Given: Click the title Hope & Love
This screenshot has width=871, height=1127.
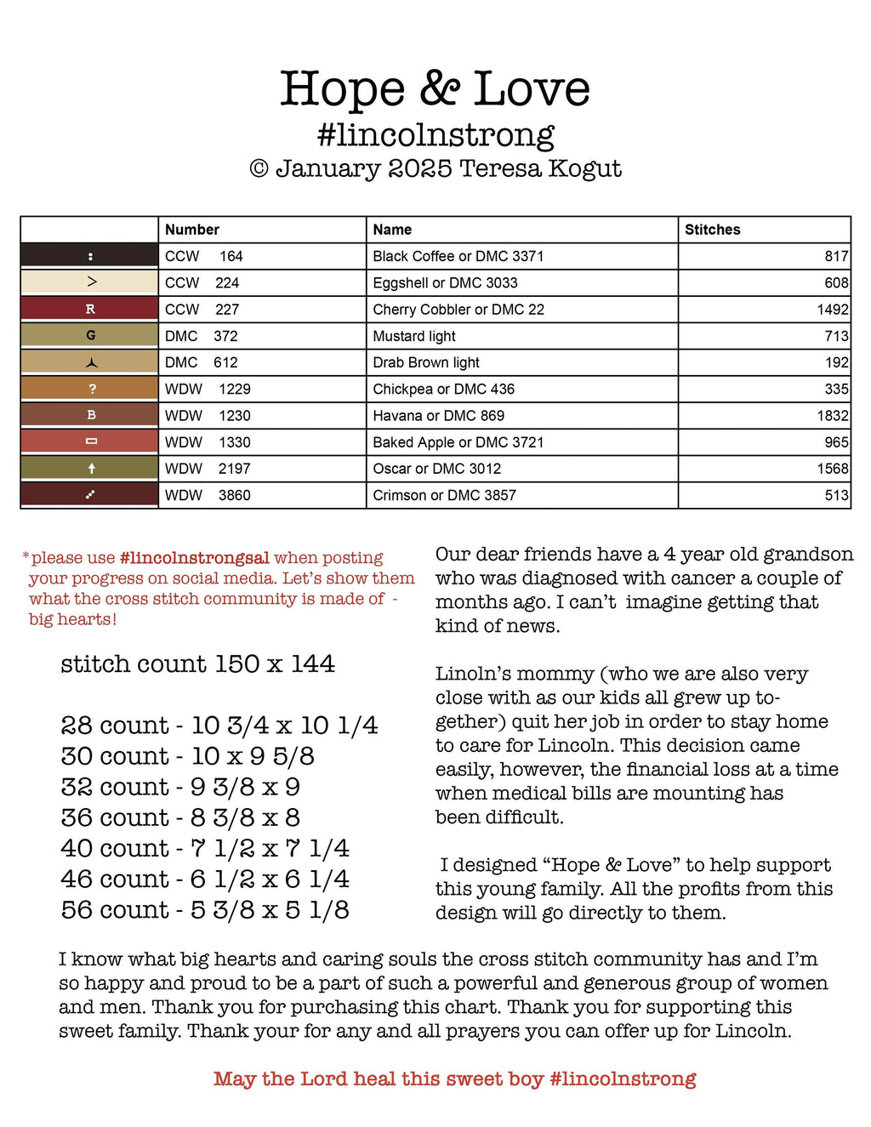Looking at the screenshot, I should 435,89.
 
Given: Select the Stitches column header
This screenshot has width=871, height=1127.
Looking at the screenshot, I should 712,230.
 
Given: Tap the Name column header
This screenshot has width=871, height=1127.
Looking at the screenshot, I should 392,230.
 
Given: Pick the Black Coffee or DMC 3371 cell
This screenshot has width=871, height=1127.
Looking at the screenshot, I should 458,256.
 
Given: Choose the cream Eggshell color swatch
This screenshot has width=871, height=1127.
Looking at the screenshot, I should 90,282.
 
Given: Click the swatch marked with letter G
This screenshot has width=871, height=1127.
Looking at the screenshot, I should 90,336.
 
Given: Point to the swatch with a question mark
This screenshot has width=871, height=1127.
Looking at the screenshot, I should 90,390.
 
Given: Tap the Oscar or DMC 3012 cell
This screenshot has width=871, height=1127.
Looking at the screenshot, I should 436,469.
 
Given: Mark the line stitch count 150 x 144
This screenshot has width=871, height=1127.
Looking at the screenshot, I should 197,664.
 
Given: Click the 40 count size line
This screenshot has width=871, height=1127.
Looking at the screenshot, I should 205,849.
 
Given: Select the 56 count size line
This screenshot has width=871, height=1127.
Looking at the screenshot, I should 205,910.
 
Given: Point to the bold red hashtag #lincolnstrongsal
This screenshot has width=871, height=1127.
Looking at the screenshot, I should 195,558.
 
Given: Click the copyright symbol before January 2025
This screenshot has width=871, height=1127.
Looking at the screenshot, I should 259,169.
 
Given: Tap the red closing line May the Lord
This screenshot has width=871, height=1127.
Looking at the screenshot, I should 454,1079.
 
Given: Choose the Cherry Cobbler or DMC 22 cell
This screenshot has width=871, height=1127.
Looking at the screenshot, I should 458,310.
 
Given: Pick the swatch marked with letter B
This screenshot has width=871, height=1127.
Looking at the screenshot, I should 90,416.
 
